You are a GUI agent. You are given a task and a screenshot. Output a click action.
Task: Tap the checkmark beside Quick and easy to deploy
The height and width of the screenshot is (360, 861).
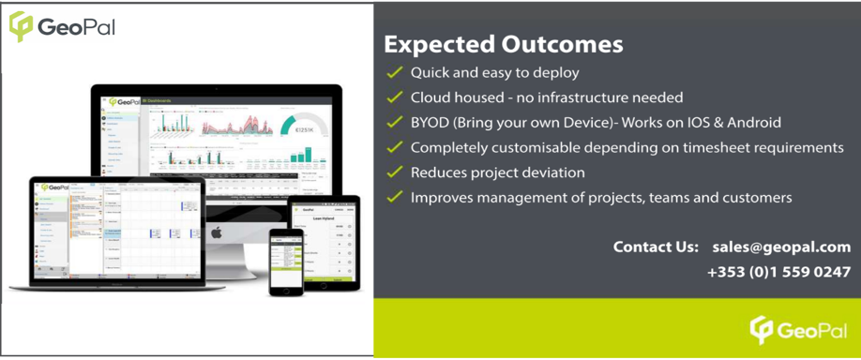[394, 72]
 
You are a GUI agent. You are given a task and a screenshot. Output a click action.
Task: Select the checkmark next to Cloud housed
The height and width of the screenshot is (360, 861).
[394, 97]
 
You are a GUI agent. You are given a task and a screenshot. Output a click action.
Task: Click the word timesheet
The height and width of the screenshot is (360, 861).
[717, 148]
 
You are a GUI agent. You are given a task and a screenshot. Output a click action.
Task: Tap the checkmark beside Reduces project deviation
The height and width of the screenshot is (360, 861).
[394, 172]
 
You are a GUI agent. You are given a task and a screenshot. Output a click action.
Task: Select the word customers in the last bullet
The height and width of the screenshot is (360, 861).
[755, 198]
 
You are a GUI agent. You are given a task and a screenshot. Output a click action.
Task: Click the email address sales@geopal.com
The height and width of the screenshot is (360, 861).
[780, 247]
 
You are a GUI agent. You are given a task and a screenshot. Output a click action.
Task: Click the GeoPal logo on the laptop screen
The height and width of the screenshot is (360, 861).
[53, 187]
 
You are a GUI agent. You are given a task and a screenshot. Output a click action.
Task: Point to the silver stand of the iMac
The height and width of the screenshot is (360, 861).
[230, 262]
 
